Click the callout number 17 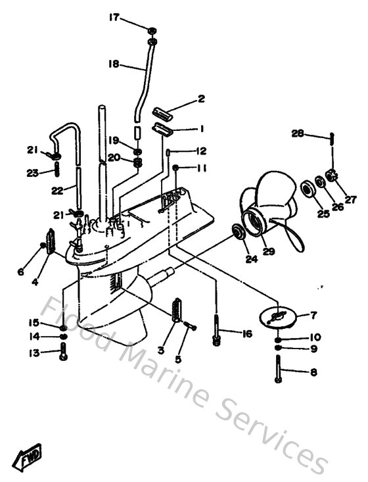(x=114, y=18)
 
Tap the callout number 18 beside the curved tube (x=114, y=64)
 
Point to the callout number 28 (x=298, y=134)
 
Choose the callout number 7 (x=314, y=315)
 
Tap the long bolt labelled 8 (x=279, y=369)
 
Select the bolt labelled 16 (x=216, y=327)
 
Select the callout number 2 (x=202, y=100)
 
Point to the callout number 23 (x=31, y=174)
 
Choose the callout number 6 (x=20, y=272)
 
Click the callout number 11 (x=201, y=168)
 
